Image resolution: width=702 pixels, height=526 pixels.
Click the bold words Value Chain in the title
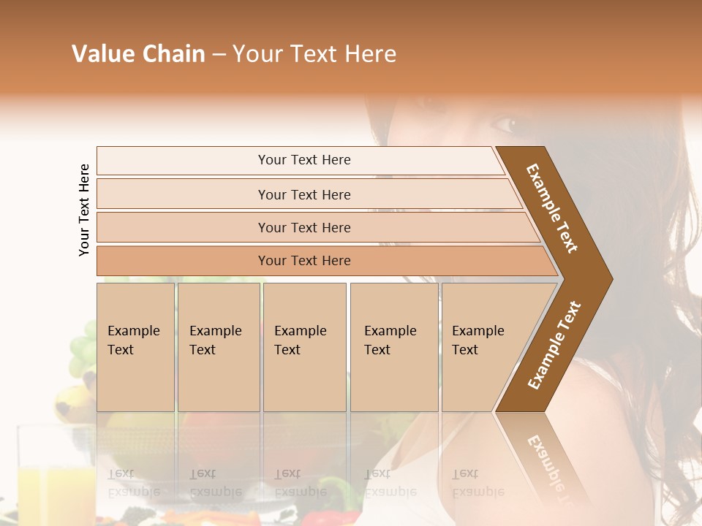[138, 54]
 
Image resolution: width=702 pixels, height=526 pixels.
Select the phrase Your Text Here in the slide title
[314, 54]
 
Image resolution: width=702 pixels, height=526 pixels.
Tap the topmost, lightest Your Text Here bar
[304, 160]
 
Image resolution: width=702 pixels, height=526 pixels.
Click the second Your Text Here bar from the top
[304, 194]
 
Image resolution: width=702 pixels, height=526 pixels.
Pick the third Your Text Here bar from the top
[304, 227]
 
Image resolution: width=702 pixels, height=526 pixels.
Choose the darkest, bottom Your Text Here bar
[304, 261]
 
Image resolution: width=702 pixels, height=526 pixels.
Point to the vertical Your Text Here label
[84, 210]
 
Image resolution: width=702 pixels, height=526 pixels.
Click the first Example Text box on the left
[135, 347]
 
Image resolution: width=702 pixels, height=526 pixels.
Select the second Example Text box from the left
[219, 347]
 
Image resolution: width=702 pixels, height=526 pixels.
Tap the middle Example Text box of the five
[304, 347]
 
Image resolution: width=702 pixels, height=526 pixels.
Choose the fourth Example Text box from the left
[394, 347]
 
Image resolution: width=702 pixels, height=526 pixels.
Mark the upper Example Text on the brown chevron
[552, 208]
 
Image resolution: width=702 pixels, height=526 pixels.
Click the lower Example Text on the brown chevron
[554, 346]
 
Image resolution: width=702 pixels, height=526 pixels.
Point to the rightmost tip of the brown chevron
[611, 279]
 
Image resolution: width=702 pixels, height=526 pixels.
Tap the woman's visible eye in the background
[505, 124]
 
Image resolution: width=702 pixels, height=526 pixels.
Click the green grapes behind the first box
[82, 351]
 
